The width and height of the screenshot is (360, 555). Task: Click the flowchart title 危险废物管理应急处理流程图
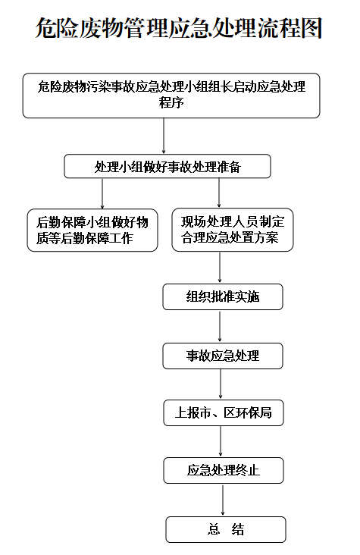click(x=179, y=27)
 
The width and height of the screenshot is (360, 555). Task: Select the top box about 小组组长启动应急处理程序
click(x=171, y=96)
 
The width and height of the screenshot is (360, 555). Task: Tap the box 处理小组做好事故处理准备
click(x=167, y=166)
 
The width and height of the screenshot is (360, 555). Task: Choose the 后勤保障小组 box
click(x=92, y=230)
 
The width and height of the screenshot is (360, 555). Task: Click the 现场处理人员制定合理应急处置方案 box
click(x=233, y=230)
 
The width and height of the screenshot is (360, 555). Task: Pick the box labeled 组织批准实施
click(x=223, y=296)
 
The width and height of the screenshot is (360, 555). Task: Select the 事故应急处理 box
click(x=223, y=356)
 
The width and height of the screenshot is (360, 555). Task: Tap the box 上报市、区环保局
click(x=224, y=412)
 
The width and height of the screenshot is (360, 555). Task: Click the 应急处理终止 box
click(x=224, y=470)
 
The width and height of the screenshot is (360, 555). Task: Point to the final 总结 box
click(x=226, y=529)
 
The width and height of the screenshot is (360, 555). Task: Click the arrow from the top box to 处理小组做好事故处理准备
click(x=164, y=136)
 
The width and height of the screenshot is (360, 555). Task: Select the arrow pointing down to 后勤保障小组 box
click(x=102, y=193)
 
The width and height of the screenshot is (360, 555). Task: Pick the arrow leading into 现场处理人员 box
click(x=219, y=193)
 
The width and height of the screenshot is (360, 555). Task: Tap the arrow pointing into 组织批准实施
click(x=220, y=268)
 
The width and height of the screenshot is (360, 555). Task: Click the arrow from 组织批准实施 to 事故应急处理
click(x=220, y=326)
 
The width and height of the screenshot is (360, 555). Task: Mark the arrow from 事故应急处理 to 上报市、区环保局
click(x=221, y=384)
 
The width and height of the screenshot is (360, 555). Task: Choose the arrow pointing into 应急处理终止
click(x=221, y=442)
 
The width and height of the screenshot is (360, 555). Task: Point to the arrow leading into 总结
click(x=223, y=500)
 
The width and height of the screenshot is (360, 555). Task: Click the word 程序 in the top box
click(x=171, y=102)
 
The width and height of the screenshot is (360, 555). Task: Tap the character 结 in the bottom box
click(x=238, y=529)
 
